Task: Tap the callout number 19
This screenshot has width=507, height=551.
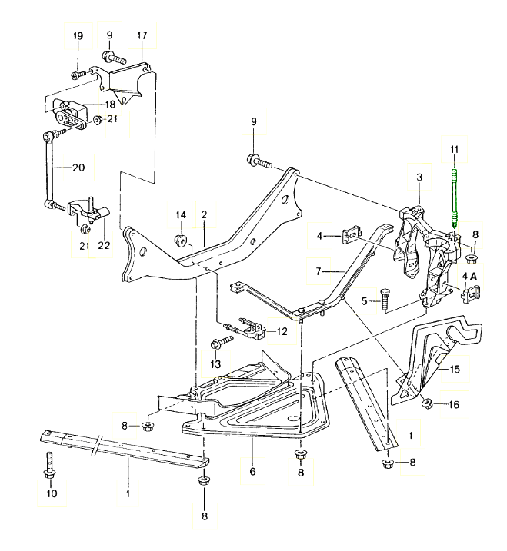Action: point(78,37)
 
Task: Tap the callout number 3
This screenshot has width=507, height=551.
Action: point(419,178)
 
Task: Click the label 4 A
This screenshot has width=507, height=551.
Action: point(469,275)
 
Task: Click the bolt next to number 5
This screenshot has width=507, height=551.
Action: point(385,297)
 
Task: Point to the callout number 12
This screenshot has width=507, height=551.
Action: point(282,332)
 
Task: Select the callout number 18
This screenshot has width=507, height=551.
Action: point(110,104)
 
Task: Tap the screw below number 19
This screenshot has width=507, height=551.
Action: point(78,75)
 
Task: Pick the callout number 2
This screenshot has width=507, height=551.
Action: point(205,216)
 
